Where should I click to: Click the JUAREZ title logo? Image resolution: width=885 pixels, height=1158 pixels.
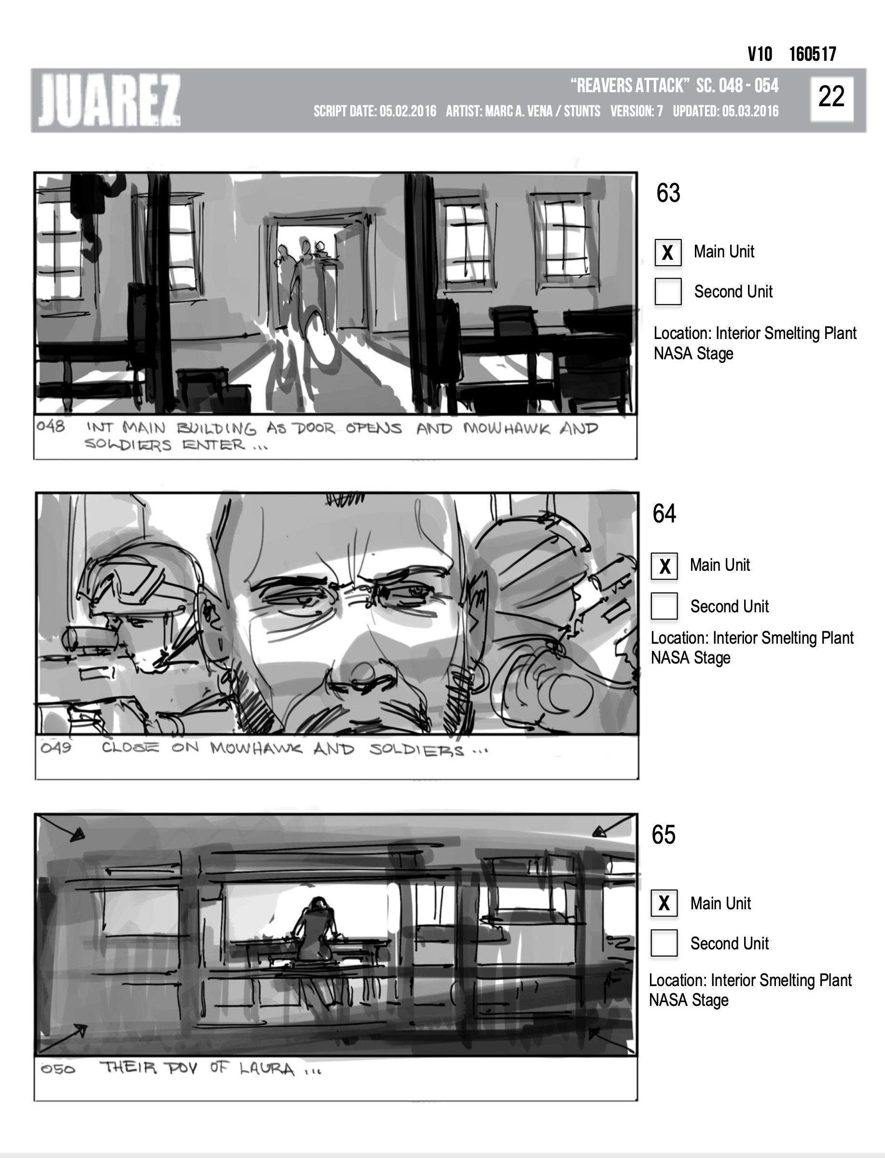[x=110, y=100]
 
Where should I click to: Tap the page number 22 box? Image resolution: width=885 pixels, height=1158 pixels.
[x=832, y=98]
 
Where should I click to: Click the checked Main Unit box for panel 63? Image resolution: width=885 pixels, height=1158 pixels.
[x=668, y=253]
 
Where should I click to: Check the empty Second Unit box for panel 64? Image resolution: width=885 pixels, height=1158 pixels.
[x=664, y=606]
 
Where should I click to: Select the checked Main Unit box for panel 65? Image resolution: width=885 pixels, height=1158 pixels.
[x=664, y=904]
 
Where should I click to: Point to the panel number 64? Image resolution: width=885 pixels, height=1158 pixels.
[x=664, y=514]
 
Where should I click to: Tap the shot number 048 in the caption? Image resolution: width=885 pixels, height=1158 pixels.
[x=51, y=426]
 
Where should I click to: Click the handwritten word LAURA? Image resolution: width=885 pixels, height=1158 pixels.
[x=266, y=1070]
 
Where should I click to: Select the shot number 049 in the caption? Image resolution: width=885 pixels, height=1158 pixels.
[x=56, y=748]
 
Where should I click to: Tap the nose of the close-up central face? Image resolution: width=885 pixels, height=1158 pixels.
[x=360, y=672]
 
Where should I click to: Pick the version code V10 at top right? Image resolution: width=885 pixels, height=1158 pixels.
[x=760, y=54]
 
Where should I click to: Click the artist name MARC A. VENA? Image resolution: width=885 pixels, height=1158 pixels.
[x=517, y=112]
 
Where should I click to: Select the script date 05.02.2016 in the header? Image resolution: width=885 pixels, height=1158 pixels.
[x=408, y=112]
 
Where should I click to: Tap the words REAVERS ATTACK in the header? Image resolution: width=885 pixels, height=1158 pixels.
[x=630, y=85]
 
